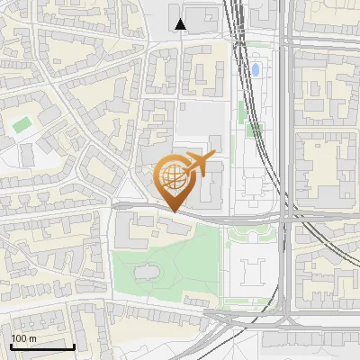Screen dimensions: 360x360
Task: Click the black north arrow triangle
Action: click(182, 23)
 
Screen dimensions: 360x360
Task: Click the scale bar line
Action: click(41, 347)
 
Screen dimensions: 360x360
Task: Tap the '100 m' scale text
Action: click(24, 338)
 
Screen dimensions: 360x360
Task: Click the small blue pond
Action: click(256, 69)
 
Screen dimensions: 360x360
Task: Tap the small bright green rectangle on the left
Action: click(22, 124)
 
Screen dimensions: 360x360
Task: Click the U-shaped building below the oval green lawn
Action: click(251, 271)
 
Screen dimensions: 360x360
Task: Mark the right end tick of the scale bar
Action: click(74, 346)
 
